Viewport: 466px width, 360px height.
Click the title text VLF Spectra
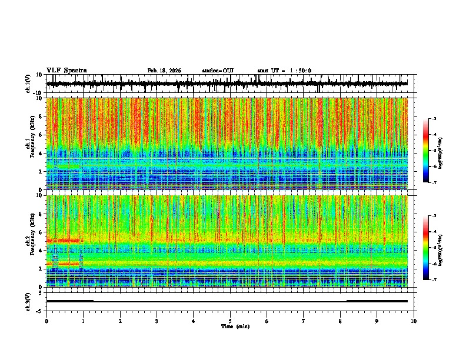[x=66, y=70]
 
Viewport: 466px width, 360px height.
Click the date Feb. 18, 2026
[x=164, y=71]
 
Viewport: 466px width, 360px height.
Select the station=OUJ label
[x=218, y=71]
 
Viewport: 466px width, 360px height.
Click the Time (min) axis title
[x=235, y=326]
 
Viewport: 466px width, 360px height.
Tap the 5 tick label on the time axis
[x=230, y=321]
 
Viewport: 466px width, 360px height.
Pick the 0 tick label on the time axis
[x=46, y=321]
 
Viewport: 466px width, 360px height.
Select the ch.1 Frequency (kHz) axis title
[x=32, y=144]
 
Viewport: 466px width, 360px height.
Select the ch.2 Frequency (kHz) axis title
[x=32, y=241]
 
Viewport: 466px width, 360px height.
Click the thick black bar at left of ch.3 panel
[x=69, y=301]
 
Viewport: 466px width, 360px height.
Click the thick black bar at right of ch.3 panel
[x=377, y=301]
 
